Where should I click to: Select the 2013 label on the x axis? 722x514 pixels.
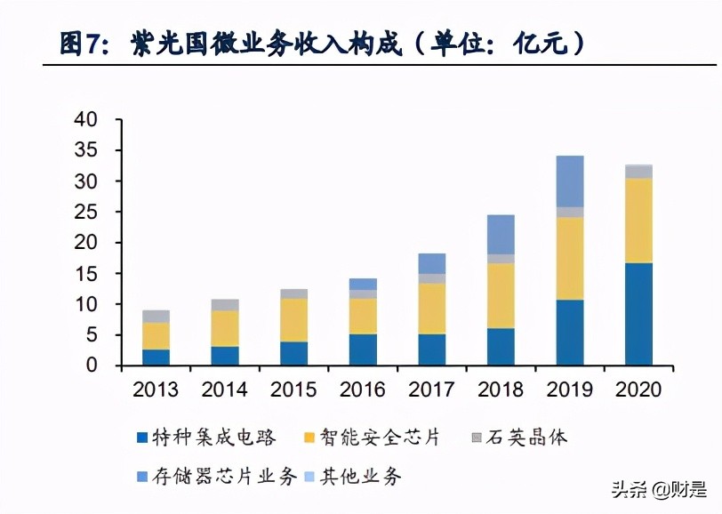tap(156, 390)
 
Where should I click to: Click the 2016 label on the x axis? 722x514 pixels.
tap(362, 390)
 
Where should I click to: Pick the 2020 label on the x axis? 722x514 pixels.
tap(638, 390)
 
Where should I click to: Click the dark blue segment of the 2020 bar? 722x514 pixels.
tap(638, 314)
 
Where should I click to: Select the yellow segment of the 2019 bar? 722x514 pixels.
tap(569, 258)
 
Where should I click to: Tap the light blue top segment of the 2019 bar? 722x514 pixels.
tap(569, 181)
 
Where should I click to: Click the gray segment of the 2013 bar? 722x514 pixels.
tap(156, 316)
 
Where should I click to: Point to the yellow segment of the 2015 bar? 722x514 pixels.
tap(293, 320)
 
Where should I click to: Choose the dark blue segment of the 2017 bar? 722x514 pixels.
tap(431, 349)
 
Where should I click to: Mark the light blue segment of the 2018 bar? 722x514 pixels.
tap(500, 234)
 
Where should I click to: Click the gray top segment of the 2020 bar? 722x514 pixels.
tap(638, 172)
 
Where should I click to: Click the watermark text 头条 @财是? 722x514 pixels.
tap(657, 488)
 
